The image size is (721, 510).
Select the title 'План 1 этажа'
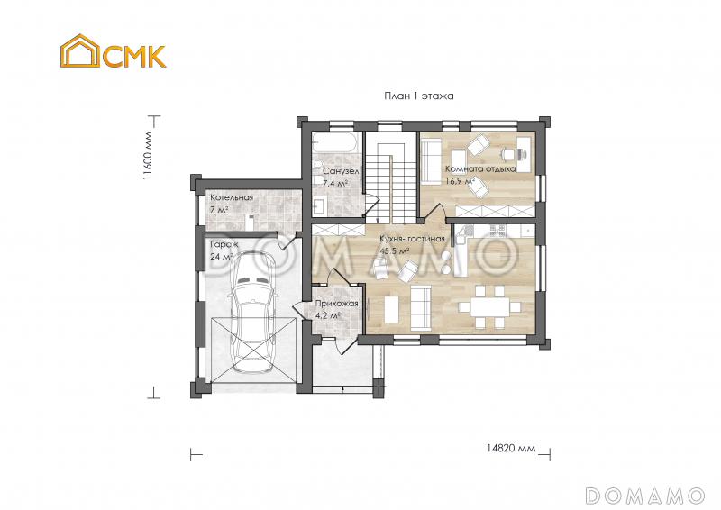[x=416, y=95]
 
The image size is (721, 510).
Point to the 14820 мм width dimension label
[x=510, y=448]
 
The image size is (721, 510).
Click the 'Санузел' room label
[x=341, y=170]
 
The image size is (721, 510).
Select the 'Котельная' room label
[x=231, y=197]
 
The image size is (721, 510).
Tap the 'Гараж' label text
[x=224, y=244]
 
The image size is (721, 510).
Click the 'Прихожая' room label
[x=337, y=304]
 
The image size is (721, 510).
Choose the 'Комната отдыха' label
[x=480, y=168]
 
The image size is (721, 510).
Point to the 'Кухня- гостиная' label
[x=412, y=239]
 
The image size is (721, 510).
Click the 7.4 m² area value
[x=335, y=183]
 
